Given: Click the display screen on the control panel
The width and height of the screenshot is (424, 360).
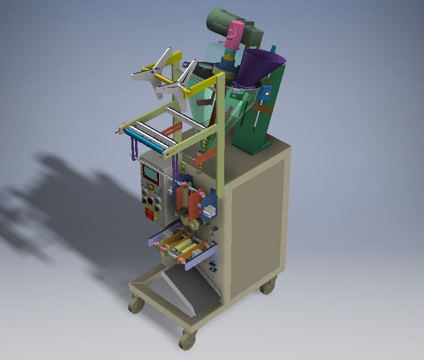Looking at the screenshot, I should (x=150, y=173).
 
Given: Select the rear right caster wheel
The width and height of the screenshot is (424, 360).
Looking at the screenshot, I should (x=268, y=286).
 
